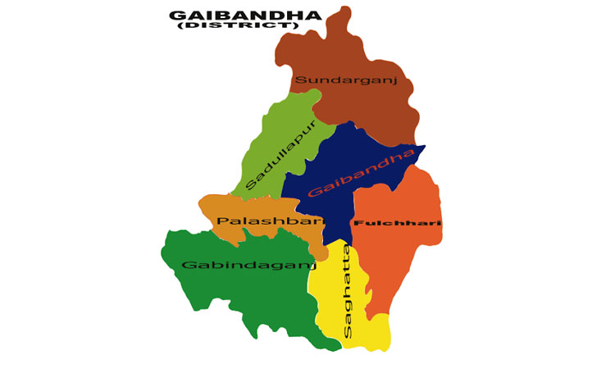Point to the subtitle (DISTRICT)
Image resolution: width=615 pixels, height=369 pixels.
coord(237,26)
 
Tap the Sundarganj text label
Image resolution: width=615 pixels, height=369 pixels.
coord(346,80)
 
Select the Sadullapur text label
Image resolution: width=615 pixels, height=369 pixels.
coord(280,154)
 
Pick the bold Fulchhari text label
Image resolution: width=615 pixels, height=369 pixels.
coord(397,223)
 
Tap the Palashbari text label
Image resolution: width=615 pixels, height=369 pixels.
coord(270,221)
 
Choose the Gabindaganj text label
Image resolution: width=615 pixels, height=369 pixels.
coord(248,265)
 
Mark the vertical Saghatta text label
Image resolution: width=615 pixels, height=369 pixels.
coord(347,291)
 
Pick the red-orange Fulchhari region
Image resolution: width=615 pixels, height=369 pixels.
coord(402,254)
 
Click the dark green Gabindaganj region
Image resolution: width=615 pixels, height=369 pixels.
coord(238,295)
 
